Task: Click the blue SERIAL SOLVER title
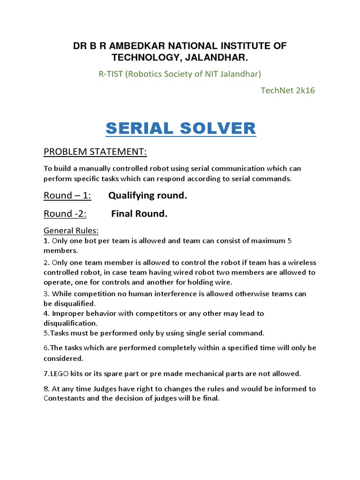180,128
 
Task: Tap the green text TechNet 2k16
287,90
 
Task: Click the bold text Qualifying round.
148,195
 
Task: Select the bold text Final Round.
139,214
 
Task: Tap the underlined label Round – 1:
67,195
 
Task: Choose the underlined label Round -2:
65,214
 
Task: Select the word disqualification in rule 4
70,323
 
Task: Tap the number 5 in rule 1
289,240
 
